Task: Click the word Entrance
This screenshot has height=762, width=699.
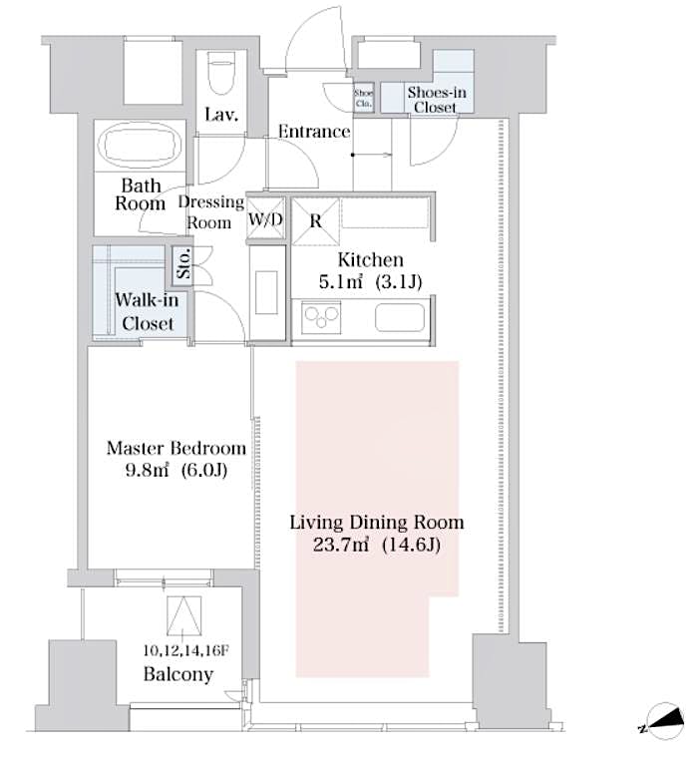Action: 313,132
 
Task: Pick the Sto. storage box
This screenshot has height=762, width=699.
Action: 184,266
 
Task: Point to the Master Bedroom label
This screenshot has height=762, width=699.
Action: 175,448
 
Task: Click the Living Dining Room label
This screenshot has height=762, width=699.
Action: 376,522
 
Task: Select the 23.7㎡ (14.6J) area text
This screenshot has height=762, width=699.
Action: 376,545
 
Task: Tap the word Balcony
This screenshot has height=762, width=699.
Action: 178,674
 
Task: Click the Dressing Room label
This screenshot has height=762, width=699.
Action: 211,211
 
